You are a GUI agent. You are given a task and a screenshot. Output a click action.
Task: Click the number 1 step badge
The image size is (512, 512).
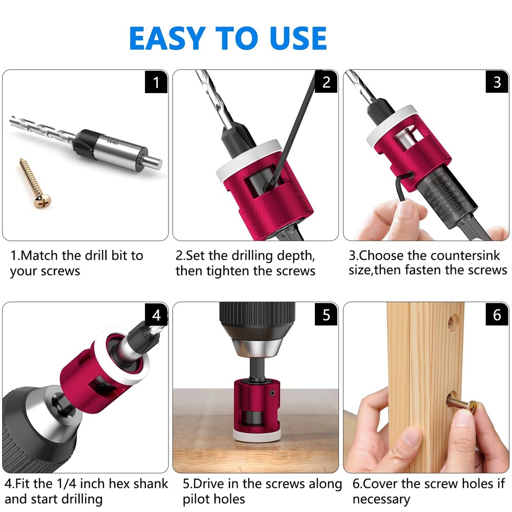click(156, 82)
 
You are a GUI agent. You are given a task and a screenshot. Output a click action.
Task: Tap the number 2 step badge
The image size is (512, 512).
click(326, 82)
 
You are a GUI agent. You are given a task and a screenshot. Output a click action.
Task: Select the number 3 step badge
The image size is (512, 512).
click(497, 82)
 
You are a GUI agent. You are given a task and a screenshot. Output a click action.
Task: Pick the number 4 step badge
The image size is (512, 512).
click(156, 314)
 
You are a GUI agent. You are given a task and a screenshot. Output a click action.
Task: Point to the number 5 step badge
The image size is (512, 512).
click(326, 314)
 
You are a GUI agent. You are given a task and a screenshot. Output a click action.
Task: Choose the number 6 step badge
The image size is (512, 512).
click(497, 314)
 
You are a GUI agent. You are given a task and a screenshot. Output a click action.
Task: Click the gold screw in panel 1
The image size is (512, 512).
click(32, 182)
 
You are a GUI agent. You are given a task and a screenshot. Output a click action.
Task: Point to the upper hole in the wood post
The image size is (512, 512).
click(452, 322)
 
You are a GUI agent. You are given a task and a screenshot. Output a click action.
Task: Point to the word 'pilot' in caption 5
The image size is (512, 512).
click(200, 499)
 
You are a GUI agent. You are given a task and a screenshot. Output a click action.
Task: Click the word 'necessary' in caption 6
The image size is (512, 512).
click(381, 499)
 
